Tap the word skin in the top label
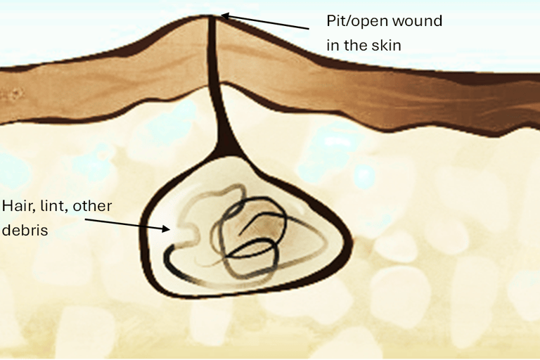[x=387, y=46]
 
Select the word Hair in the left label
[x=17, y=206]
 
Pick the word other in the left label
[x=94, y=206]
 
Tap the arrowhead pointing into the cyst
[x=167, y=228]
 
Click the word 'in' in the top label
[x=331, y=46]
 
